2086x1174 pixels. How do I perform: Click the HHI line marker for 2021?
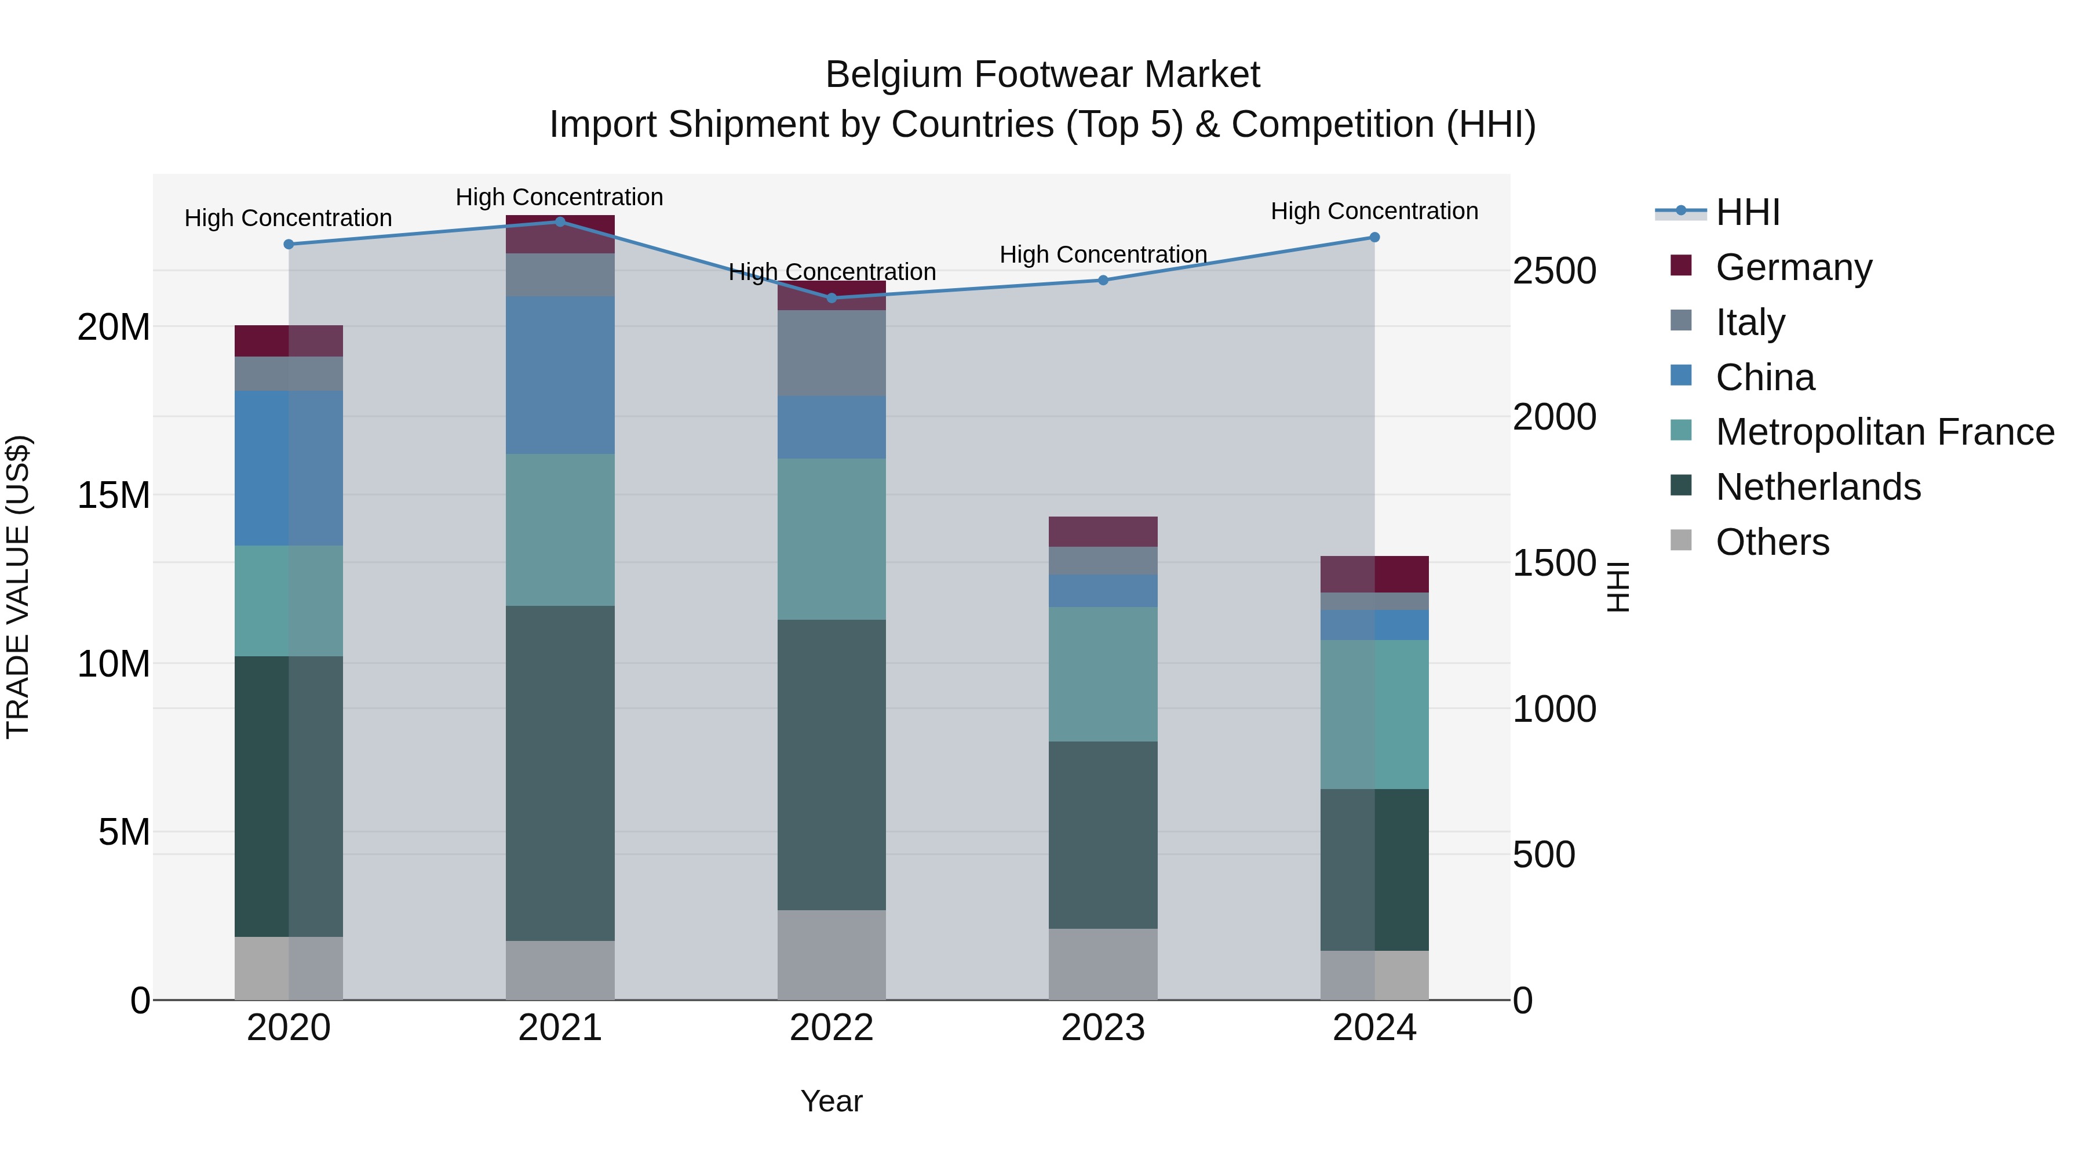tap(560, 221)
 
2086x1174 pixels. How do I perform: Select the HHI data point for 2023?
tap(1103, 281)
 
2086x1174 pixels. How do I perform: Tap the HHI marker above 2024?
tap(1374, 237)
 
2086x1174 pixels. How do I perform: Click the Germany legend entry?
tap(1793, 267)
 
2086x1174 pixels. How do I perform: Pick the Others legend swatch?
tap(1681, 540)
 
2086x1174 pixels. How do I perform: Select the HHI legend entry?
tap(1746, 212)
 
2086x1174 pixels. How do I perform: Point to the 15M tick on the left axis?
tap(114, 495)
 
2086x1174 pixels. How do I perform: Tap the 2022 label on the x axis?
tap(832, 1028)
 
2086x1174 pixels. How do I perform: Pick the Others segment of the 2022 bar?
tap(832, 954)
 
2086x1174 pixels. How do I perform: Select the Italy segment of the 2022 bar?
tap(832, 352)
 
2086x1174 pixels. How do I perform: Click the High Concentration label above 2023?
tap(1103, 255)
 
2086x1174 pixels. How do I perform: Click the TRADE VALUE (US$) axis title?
tap(18, 587)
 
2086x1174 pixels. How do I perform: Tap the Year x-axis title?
tap(832, 1101)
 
